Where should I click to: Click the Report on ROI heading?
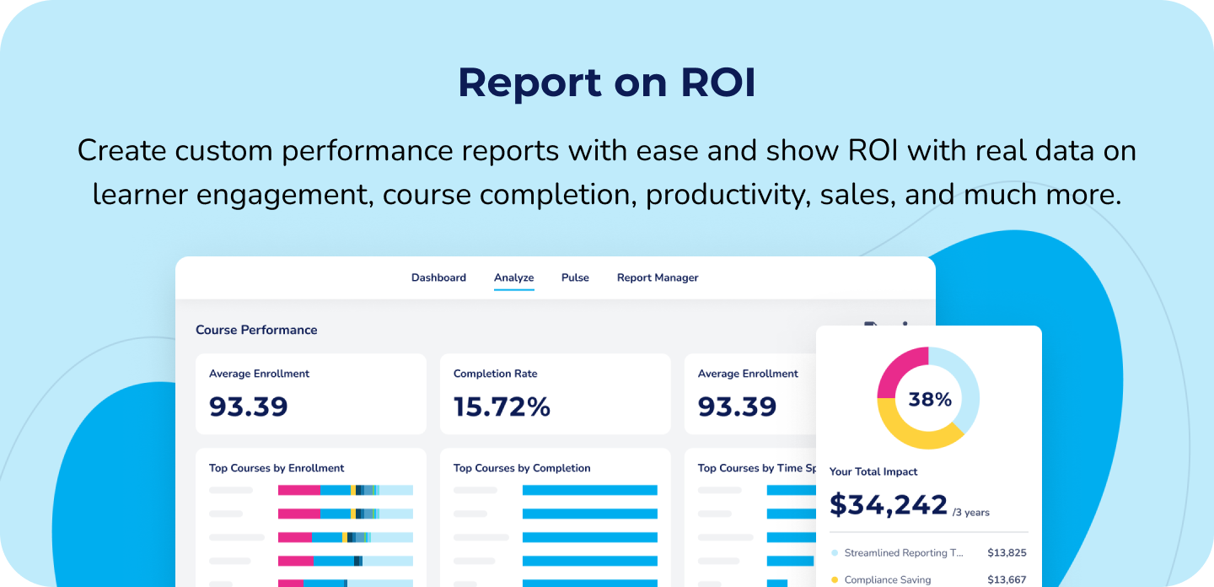click(x=606, y=83)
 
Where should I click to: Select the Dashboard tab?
click(x=438, y=277)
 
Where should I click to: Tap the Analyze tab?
click(x=513, y=277)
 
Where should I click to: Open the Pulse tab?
click(x=575, y=277)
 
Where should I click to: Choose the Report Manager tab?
click(x=658, y=277)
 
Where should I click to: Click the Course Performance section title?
click(x=256, y=330)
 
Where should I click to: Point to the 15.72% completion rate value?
click(x=502, y=407)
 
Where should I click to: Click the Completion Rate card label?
click(x=495, y=374)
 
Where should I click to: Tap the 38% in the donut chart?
click(x=929, y=399)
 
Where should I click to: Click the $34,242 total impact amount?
click(x=889, y=504)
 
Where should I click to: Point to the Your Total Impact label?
click(x=873, y=471)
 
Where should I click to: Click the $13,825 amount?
click(x=1007, y=553)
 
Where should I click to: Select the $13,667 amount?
click(x=1007, y=579)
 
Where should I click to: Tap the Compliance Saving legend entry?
click(x=887, y=579)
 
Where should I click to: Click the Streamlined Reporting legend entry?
click(x=902, y=553)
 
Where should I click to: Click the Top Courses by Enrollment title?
click(x=277, y=468)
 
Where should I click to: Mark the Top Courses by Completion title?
click(x=522, y=468)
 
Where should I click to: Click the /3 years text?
click(x=971, y=512)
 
